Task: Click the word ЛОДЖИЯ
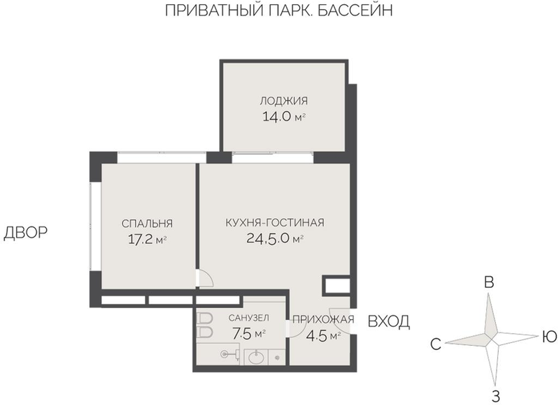pyautogui.click(x=284, y=101)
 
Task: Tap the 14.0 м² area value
pyautogui.click(x=284, y=116)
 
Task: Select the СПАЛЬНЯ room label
pyautogui.click(x=147, y=224)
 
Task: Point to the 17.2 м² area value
pyautogui.click(x=147, y=240)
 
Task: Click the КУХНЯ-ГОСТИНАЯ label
pyautogui.click(x=275, y=222)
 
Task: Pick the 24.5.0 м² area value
pyautogui.click(x=275, y=238)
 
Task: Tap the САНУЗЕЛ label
pyautogui.click(x=249, y=318)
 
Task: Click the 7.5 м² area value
pyautogui.click(x=249, y=333)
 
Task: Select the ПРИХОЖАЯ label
pyautogui.click(x=323, y=320)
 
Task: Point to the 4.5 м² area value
pyautogui.click(x=324, y=336)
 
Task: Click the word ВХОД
pyautogui.click(x=389, y=321)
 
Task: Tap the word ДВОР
pyautogui.click(x=26, y=233)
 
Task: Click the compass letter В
pyautogui.click(x=490, y=283)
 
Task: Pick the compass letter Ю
pyautogui.click(x=549, y=337)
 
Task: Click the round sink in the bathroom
pyautogui.click(x=256, y=357)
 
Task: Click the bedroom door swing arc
pyautogui.click(x=207, y=277)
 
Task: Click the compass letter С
pyautogui.click(x=435, y=344)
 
